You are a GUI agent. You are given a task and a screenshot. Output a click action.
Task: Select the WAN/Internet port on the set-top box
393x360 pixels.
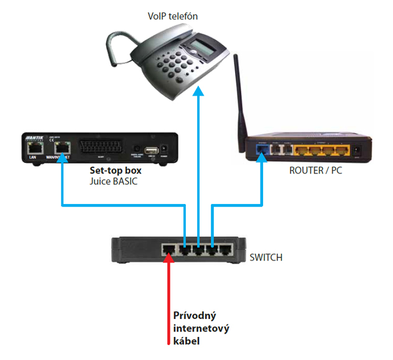coord(62,148)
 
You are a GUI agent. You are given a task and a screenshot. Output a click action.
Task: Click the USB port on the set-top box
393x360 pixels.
coord(150,149)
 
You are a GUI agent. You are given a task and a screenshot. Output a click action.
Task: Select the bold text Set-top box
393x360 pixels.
coord(116,170)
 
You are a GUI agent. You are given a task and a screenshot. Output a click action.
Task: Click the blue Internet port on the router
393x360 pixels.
coord(261,149)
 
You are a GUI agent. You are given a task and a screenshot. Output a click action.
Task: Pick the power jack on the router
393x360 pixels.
coord(357,150)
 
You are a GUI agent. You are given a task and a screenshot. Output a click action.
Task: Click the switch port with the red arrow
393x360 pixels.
coord(169,250)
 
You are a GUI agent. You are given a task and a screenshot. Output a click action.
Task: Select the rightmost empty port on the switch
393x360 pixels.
coord(227,250)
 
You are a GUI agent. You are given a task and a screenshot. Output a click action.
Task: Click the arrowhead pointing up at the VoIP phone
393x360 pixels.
coord(198,91)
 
